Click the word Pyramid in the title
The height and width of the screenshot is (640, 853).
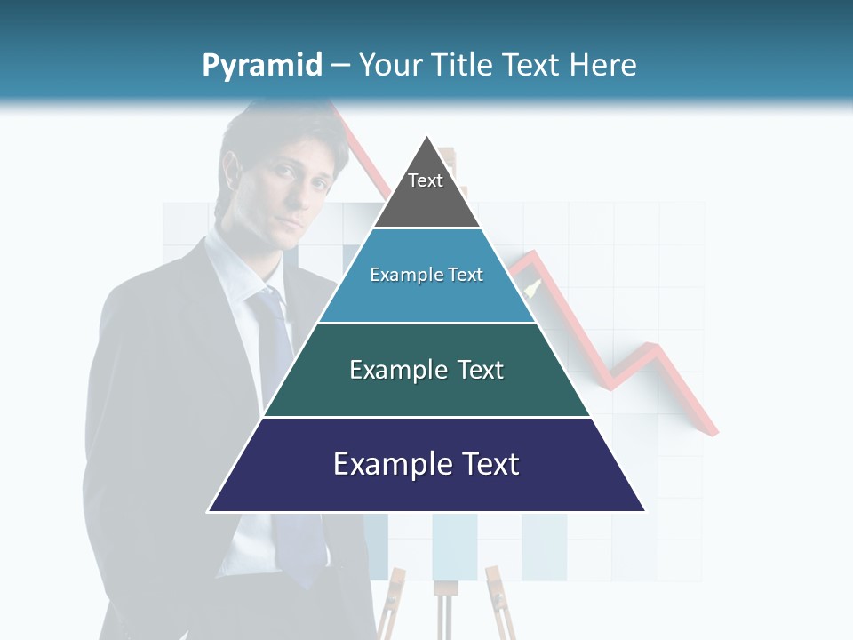pos(261,66)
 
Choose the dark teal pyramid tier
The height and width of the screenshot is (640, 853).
pos(426,391)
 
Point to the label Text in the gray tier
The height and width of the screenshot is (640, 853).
pos(425,180)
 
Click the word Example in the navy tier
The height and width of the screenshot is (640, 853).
pos(387,464)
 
